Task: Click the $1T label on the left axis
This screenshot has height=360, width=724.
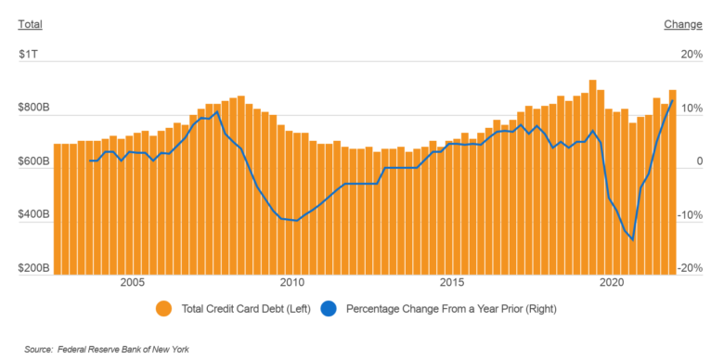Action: (28, 55)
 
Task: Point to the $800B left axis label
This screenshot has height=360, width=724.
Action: (33, 109)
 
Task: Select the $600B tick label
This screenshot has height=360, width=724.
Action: (33, 162)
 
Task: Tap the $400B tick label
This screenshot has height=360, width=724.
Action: (33, 215)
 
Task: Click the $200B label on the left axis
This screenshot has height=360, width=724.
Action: (33, 269)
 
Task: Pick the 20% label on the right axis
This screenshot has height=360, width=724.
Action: (692, 55)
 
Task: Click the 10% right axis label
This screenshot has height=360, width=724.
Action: (692, 109)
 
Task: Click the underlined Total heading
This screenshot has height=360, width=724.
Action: (31, 24)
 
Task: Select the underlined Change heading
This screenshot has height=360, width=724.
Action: (683, 24)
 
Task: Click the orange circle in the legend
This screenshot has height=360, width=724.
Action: (163, 308)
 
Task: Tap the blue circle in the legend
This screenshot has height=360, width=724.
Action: (329, 308)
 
